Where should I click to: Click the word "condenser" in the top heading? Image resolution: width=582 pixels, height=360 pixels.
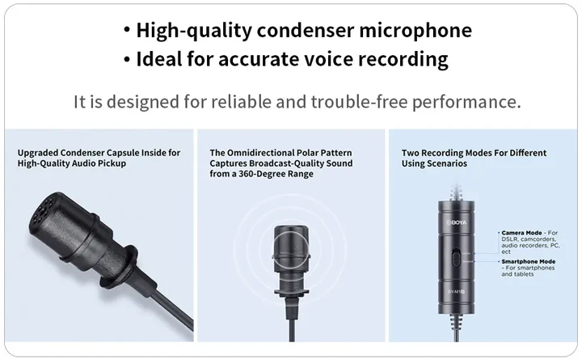click(x=305, y=31)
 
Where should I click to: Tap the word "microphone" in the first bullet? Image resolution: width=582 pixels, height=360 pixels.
click(x=415, y=32)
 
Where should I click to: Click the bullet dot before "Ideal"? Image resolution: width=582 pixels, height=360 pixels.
click(x=127, y=59)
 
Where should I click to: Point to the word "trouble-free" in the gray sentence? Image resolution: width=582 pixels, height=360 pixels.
click(x=359, y=101)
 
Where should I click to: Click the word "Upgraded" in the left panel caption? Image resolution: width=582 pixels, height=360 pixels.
click(x=37, y=153)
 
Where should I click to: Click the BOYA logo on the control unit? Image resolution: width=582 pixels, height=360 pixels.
click(x=456, y=222)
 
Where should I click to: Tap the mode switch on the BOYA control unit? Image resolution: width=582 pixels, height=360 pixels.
click(x=456, y=258)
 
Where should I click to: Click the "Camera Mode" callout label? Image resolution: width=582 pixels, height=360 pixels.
click(x=521, y=233)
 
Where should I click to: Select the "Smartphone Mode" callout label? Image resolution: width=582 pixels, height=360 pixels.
click(x=528, y=261)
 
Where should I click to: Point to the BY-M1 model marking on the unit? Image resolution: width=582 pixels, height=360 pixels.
click(x=456, y=292)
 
